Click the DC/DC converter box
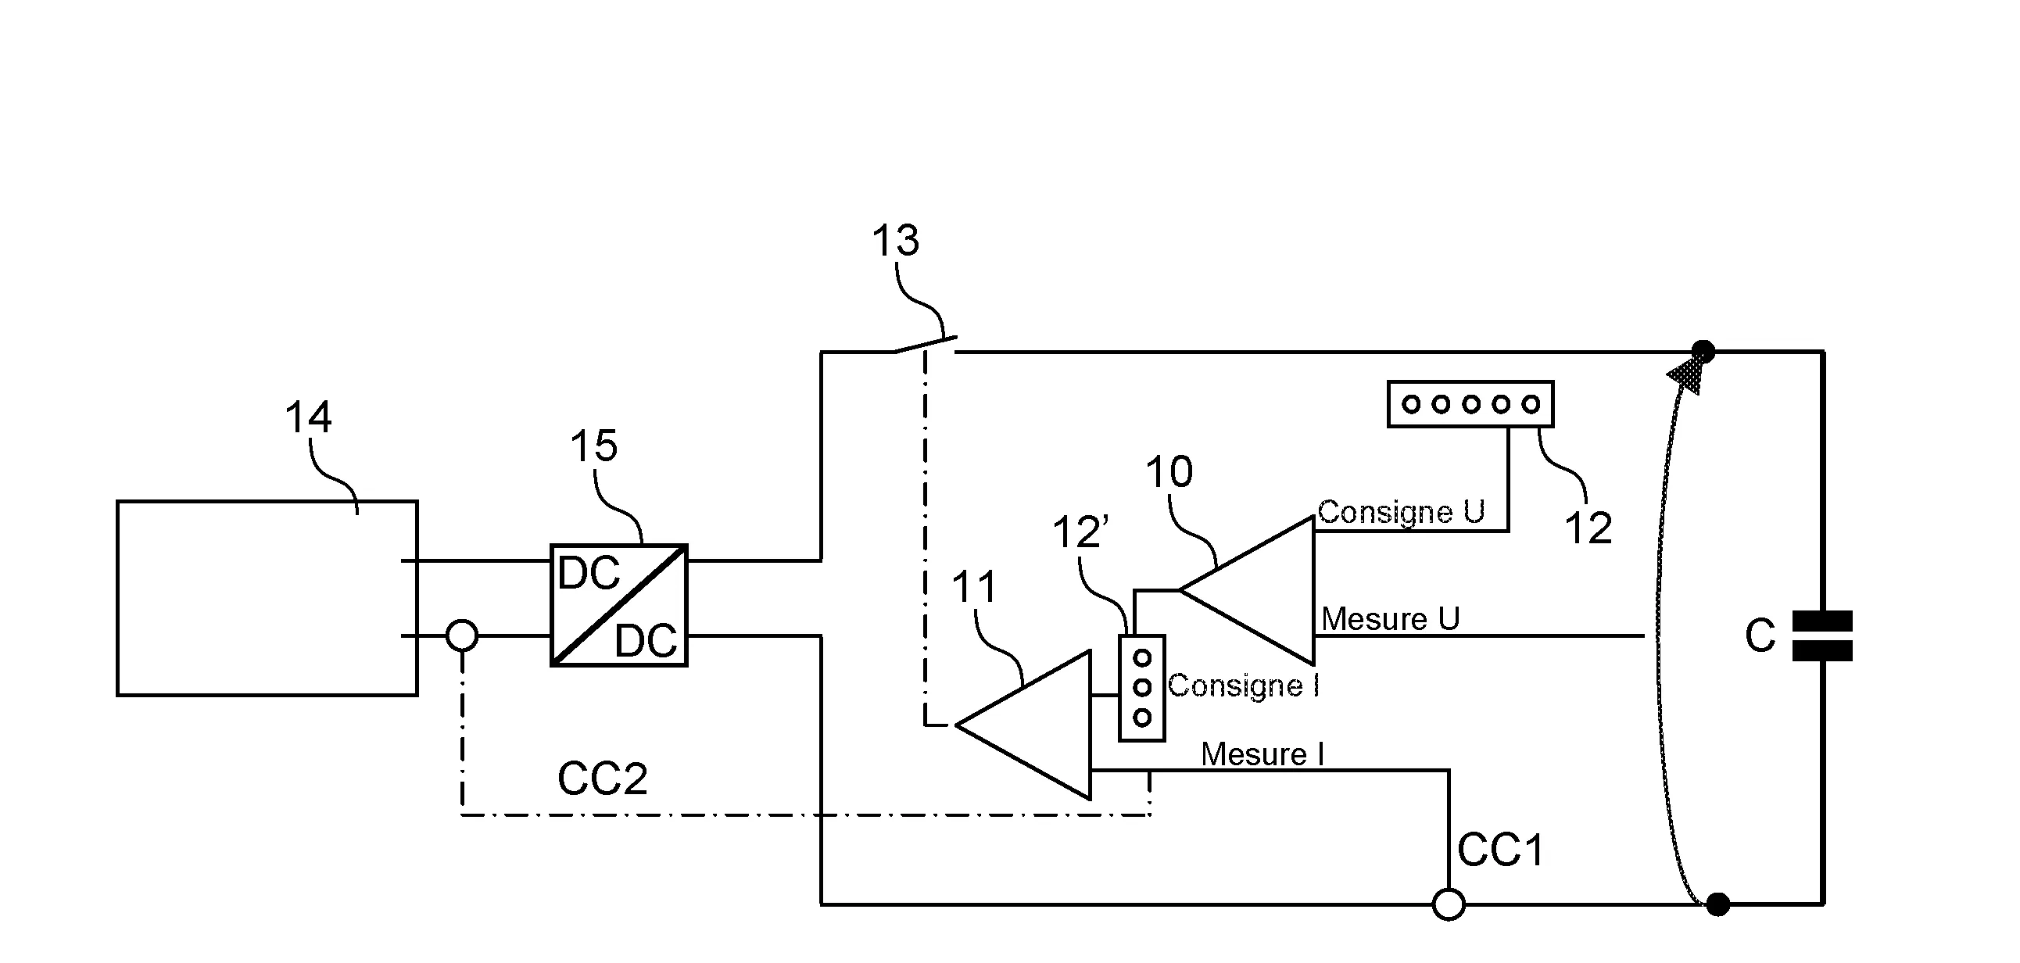(x=618, y=606)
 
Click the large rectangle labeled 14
(x=267, y=597)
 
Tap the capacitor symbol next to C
(x=1822, y=635)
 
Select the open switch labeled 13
(x=926, y=345)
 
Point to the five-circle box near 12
(x=1470, y=404)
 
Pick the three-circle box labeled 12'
(x=1142, y=688)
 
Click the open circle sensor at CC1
(x=1448, y=904)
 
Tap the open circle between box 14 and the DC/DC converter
(x=462, y=635)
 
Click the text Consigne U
(x=1402, y=512)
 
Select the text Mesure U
(x=1391, y=619)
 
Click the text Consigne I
(x=1244, y=686)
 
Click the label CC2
(x=602, y=779)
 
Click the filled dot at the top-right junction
(x=1703, y=352)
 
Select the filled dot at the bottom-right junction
(x=1718, y=904)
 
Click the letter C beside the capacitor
(x=1760, y=635)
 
